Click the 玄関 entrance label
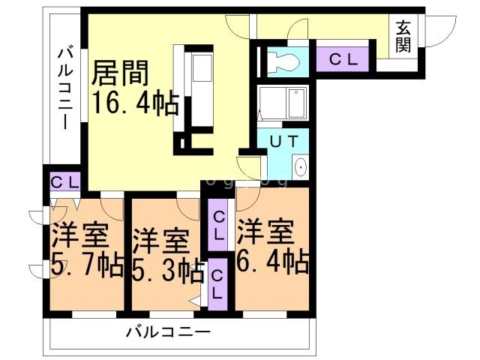(x=403, y=35)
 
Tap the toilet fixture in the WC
(x=282, y=60)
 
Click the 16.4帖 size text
(x=135, y=102)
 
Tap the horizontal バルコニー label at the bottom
(x=168, y=331)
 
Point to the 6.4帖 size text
(x=272, y=262)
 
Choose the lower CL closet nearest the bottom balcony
(x=217, y=285)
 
